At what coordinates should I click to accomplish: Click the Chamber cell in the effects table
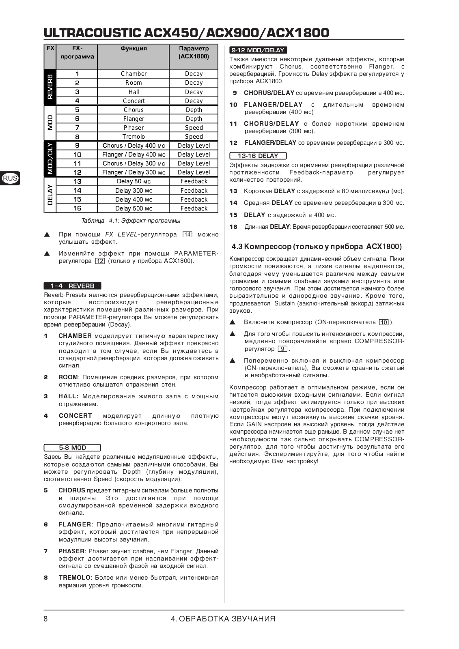coord(134,74)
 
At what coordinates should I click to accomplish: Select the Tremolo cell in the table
coord(134,137)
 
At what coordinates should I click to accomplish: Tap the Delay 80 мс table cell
coord(134,181)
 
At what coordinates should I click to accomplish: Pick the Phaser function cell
coord(134,128)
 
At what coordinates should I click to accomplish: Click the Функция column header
coord(134,49)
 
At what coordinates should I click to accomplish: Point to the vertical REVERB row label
coord(50,87)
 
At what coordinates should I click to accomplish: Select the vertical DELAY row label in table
coord(50,195)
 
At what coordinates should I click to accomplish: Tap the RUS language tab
coord(10,178)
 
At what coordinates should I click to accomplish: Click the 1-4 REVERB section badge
coord(72,286)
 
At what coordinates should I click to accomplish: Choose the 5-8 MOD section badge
coord(72,448)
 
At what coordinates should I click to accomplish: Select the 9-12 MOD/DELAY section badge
coord(258,50)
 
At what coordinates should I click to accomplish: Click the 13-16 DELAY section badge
coord(258,156)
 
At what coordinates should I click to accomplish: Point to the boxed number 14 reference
coord(187,234)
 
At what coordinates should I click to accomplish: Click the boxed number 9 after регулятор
coord(282,349)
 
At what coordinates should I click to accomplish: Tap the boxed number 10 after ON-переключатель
coord(384,322)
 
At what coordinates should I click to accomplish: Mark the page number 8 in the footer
coord(45,619)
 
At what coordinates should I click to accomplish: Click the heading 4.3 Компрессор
coord(317,247)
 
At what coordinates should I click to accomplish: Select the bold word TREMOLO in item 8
coord(75,578)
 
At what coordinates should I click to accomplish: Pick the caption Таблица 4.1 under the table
coord(131,221)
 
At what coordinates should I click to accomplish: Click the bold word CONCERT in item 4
coord(75,416)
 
